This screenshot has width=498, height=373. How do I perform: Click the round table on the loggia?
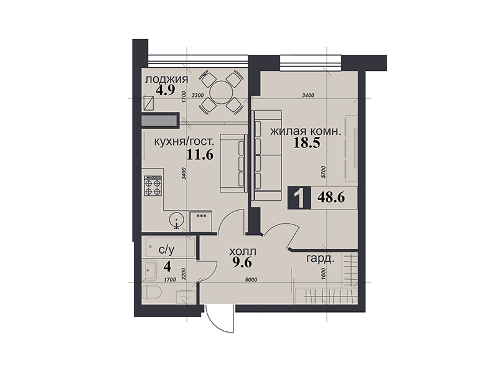(x=221, y=93)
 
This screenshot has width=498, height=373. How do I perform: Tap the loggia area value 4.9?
(x=165, y=91)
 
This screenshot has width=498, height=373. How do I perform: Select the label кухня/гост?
(x=182, y=142)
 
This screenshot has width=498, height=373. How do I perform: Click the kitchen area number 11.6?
(x=200, y=155)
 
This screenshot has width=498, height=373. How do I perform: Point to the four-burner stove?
(x=153, y=185)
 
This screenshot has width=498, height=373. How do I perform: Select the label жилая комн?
(x=306, y=131)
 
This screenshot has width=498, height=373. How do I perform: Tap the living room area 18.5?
(x=306, y=143)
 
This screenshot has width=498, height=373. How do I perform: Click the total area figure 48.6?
(x=331, y=197)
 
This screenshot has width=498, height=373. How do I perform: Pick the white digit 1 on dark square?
(x=299, y=198)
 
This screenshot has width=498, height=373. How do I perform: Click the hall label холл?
(x=243, y=252)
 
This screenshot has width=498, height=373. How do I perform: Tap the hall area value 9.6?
(x=242, y=262)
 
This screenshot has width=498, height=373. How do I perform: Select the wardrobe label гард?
(x=320, y=259)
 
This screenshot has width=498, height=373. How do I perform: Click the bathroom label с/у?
(x=166, y=250)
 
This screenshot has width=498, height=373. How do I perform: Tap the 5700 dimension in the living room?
(x=324, y=173)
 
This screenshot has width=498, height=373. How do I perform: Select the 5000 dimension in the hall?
(x=251, y=280)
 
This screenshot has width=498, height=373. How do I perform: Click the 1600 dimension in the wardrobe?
(x=324, y=274)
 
